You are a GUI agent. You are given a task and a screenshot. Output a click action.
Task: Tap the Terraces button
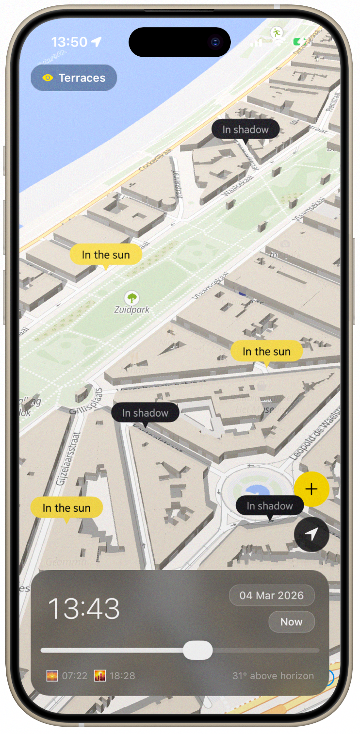click(74, 78)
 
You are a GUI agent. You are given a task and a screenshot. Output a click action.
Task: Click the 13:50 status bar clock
click(69, 42)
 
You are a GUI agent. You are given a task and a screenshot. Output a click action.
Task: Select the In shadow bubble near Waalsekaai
click(245, 130)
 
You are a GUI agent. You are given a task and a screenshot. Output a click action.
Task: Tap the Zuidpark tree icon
click(131, 297)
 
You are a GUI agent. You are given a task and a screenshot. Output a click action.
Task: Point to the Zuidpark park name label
click(132, 310)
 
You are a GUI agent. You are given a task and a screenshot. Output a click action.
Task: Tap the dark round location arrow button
click(311, 534)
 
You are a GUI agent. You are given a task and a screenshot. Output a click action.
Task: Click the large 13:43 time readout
click(83, 608)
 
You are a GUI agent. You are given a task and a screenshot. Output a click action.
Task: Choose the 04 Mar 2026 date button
click(272, 595)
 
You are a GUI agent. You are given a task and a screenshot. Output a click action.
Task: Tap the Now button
click(291, 622)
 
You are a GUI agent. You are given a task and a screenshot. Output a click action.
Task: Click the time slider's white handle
click(198, 651)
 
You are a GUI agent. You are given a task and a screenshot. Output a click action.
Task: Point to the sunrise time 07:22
click(74, 676)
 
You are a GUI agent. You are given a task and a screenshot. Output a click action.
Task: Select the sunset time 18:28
click(122, 676)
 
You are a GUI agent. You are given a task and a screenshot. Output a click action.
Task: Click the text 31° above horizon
click(273, 676)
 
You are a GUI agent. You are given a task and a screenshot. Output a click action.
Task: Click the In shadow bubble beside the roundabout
click(270, 506)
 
